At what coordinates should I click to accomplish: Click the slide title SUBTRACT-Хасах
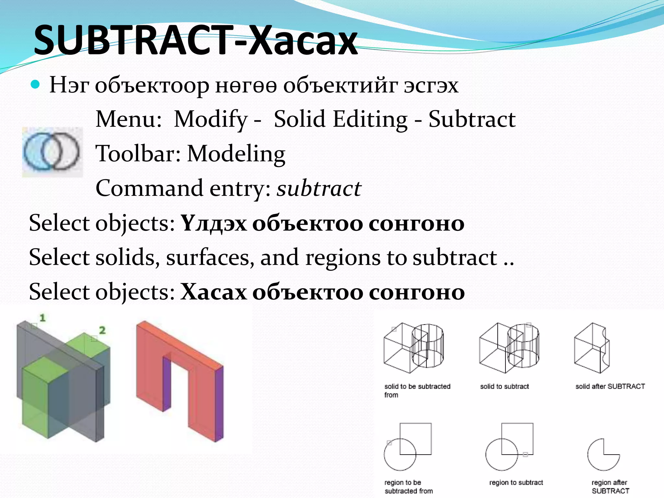pos(196,41)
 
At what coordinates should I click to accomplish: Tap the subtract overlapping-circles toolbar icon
pos(52,151)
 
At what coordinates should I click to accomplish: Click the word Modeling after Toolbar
pos(236,153)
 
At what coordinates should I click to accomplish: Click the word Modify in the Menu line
pos(211,119)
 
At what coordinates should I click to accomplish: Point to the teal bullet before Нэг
pos(35,85)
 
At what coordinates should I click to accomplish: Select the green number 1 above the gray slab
pos(42,318)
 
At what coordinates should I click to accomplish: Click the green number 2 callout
pos(102,330)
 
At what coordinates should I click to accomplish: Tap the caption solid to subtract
pos(504,386)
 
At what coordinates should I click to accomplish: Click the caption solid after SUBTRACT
pos(610,386)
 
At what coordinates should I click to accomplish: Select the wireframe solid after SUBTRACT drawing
pos(592,349)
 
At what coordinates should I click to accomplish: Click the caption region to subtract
pos(516,482)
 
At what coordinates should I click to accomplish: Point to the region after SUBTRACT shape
pos(603,455)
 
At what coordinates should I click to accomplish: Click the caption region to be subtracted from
pos(408,487)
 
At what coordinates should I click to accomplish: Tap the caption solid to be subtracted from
pos(417,390)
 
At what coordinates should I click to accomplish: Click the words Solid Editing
pos(340,119)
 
